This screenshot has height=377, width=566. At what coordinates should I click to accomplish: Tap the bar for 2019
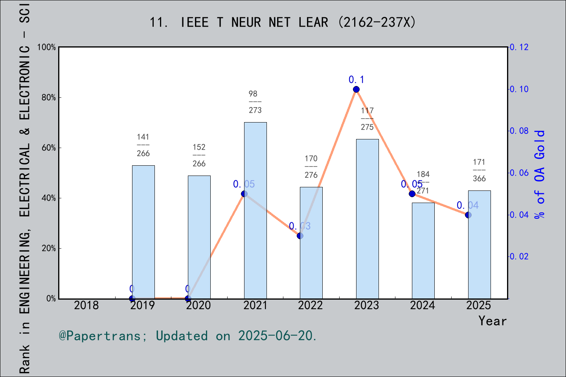click(143, 232)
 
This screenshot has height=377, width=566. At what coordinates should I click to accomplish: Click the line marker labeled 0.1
click(356, 90)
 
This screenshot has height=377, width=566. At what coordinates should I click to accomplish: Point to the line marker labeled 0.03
click(300, 236)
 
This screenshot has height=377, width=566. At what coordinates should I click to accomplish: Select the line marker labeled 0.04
click(468, 215)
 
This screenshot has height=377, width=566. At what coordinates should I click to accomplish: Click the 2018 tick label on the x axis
click(86, 305)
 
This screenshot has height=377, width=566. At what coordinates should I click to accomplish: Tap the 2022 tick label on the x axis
click(311, 305)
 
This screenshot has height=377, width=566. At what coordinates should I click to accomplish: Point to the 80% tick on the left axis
click(49, 98)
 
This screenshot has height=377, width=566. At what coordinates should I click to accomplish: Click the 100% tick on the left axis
click(47, 48)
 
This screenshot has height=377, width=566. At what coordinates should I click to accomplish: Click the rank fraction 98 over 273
click(255, 102)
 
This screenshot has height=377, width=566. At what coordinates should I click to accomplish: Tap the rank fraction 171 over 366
click(479, 170)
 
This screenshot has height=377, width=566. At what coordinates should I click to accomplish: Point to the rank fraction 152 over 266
click(199, 156)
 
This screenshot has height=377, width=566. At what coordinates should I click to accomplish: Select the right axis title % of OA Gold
click(540, 174)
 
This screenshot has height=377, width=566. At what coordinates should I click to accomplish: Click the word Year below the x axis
click(492, 321)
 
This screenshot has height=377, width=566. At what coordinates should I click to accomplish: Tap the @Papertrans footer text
click(188, 336)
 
